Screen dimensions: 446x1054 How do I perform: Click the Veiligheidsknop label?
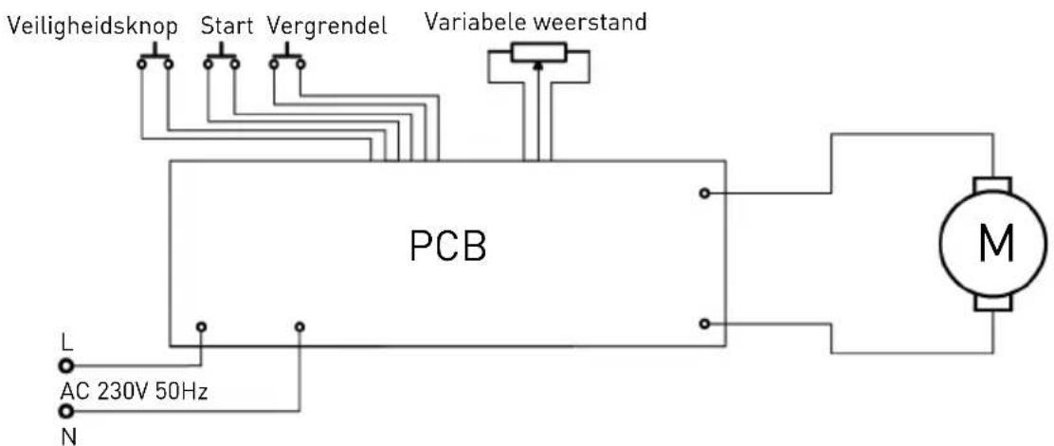pos(92,27)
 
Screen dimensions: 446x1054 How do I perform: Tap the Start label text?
pos(226,27)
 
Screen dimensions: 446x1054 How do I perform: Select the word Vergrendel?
pos(328,27)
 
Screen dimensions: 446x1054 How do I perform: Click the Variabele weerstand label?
pos(537,21)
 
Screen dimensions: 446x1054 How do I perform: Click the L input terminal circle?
pos(65,365)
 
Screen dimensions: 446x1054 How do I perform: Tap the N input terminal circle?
pos(65,411)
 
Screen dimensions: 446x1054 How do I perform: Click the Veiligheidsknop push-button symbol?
pos(154,61)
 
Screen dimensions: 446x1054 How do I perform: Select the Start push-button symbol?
pos(221,61)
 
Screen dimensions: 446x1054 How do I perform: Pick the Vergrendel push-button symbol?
pos(285,61)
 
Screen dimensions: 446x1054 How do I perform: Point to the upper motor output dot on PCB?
pos(703,194)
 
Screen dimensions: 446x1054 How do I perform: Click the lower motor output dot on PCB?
pos(703,324)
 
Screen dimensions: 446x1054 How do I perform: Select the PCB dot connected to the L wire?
pos(201,327)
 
